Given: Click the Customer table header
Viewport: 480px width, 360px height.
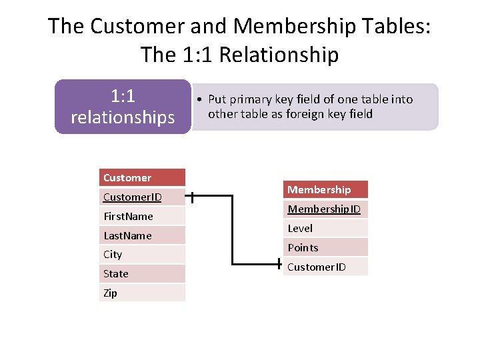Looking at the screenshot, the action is (x=142, y=178).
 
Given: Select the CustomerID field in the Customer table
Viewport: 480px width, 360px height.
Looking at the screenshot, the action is (x=142, y=197).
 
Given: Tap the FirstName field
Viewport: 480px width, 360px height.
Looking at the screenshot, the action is (x=142, y=216).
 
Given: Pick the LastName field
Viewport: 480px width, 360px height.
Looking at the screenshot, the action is (x=142, y=235).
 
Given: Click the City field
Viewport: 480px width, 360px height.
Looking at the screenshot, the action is (x=142, y=254).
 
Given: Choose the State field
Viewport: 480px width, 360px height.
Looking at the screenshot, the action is (x=142, y=273).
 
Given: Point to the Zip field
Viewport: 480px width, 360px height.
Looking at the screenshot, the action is (x=142, y=293).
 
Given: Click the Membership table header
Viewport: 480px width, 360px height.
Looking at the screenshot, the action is (x=326, y=190).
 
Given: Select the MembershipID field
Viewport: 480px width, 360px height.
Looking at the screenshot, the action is (x=326, y=209).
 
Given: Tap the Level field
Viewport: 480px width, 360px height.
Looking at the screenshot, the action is (x=326, y=228).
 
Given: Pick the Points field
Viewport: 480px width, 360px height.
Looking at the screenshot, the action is (x=326, y=247).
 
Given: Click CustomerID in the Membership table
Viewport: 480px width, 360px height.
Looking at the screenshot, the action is (x=326, y=267).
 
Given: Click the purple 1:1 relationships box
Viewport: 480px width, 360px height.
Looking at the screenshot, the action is (x=123, y=107).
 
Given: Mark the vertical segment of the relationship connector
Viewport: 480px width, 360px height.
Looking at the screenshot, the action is (x=232, y=230).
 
